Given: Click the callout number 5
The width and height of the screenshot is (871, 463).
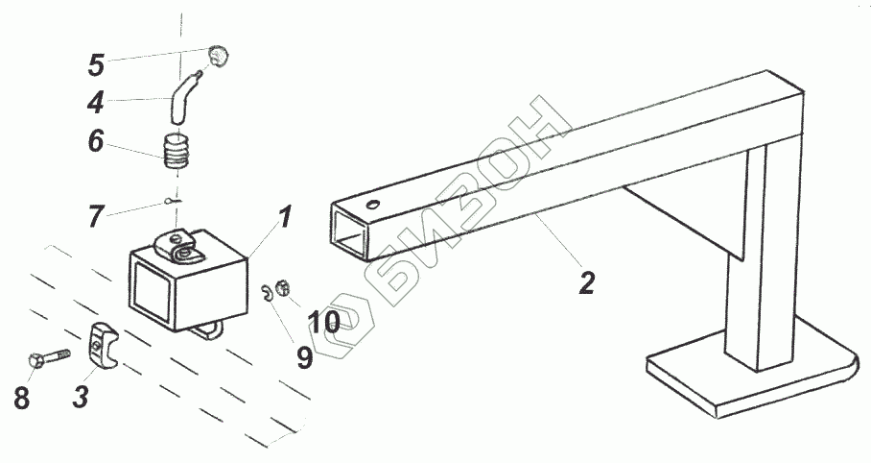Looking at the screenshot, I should pos(96,65).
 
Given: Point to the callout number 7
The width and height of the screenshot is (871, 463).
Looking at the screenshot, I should pos(96,216).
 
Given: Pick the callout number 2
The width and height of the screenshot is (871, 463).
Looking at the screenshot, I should pos(586,283).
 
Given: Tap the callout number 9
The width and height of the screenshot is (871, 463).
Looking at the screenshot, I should pos(303,356).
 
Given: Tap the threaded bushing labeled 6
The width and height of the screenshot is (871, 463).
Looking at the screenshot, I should pos(176,152).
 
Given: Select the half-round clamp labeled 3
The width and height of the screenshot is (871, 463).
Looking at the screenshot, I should pos(104,343).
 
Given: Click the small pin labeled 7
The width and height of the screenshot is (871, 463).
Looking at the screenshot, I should pos(170,201).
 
